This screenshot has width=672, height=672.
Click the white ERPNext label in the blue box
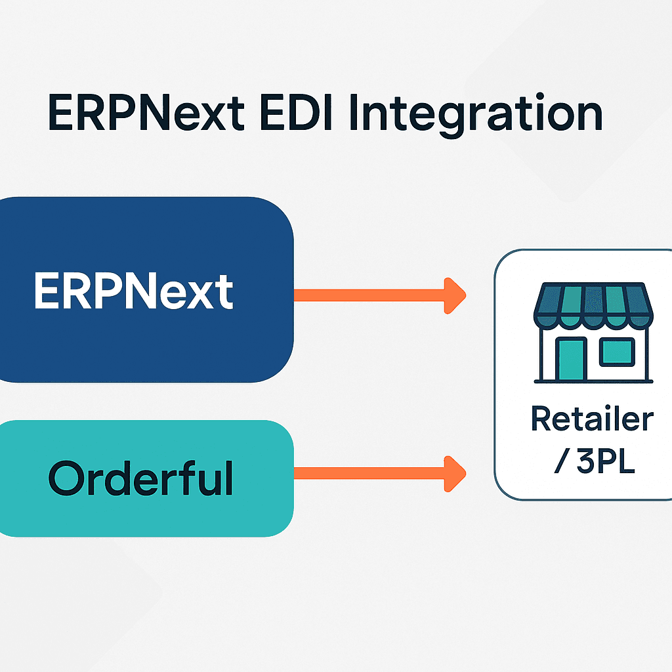pyautogui.click(x=133, y=290)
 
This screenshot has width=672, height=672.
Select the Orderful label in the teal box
pyautogui.click(x=140, y=478)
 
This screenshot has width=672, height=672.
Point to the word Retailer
pyautogui.click(x=592, y=419)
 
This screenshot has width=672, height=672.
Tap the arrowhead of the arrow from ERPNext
pyautogui.click(x=454, y=295)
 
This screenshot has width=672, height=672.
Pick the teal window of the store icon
pyautogui.click(x=617, y=351)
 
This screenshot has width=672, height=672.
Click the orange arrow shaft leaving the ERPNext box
pyautogui.click(x=367, y=295)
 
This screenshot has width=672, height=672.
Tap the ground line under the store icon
pyautogui.click(x=593, y=381)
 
